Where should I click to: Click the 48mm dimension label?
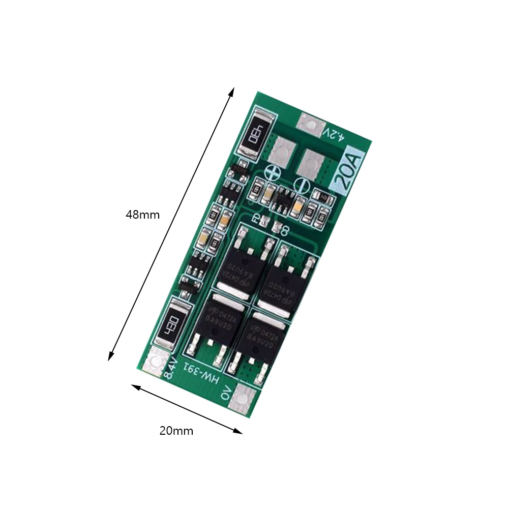142,215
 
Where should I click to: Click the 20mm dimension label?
176,431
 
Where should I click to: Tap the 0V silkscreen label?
226,394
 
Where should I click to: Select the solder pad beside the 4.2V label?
311,123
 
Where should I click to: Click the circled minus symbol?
301,185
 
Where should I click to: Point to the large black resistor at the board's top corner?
254,133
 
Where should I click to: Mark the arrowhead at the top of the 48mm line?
232,90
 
